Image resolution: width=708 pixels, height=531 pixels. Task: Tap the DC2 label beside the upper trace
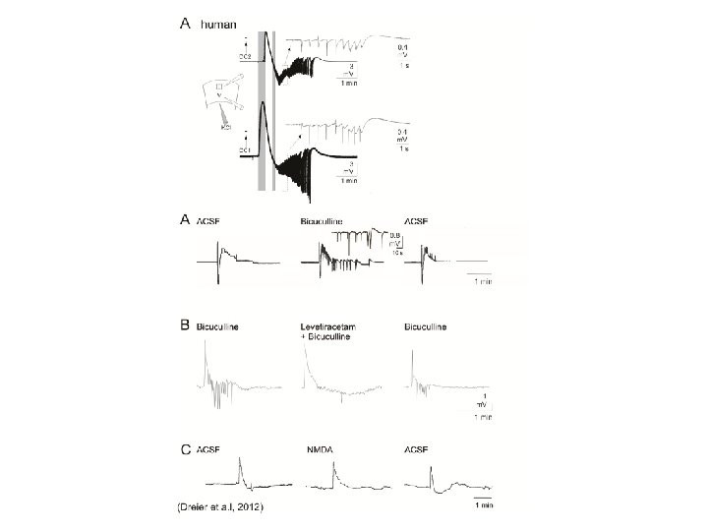tap(246, 58)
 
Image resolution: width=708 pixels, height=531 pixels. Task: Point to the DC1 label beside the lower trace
tap(246, 148)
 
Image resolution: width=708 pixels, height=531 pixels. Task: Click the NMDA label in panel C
tap(320, 449)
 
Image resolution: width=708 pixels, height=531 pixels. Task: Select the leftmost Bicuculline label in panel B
tap(218, 324)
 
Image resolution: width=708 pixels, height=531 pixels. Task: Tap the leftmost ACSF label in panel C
tap(208, 449)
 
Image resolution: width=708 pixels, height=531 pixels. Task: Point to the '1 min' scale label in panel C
tap(481, 505)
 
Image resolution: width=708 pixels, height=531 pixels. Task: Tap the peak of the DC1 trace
tap(263, 106)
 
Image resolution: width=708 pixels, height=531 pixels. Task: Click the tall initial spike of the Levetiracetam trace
tap(305, 343)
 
